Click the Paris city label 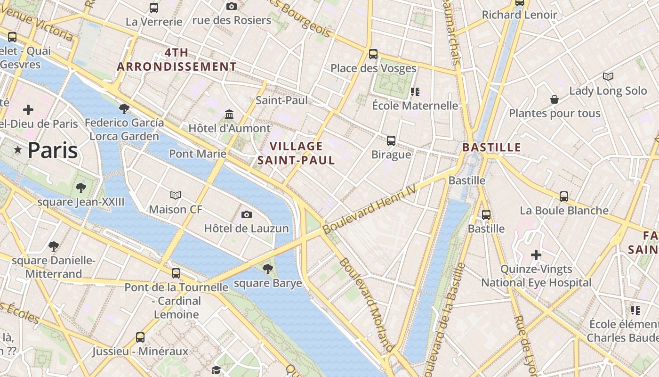[x=52, y=150]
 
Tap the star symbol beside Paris [x=18, y=150]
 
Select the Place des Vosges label [x=373, y=68]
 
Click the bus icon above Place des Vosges [x=373, y=54]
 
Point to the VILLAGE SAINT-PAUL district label [x=296, y=153]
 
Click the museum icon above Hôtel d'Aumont [x=229, y=114]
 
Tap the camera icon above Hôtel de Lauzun [x=246, y=215]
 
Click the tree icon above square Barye [x=267, y=269]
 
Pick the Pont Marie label [x=198, y=154]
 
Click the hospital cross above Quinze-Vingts [x=536, y=255]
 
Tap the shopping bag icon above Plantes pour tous [x=555, y=99]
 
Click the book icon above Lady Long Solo [x=608, y=76]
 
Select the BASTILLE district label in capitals [x=491, y=148]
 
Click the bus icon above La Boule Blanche [x=564, y=197]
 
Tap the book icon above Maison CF [x=176, y=195]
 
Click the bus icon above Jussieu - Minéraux [x=140, y=337]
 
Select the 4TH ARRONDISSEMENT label [x=177, y=59]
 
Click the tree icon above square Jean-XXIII [x=80, y=188]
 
